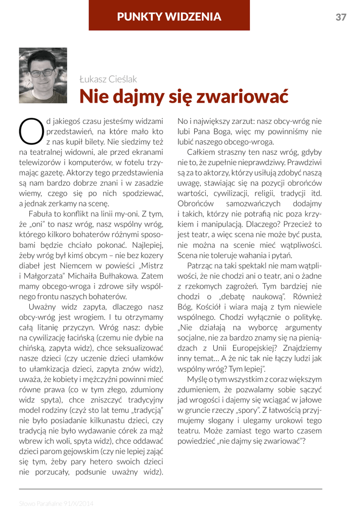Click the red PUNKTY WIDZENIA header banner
point(169,17)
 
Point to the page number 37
point(341,17)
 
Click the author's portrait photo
point(43,75)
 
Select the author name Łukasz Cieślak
point(108,79)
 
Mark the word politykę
point(306,317)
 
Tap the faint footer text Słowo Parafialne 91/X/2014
point(56,503)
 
